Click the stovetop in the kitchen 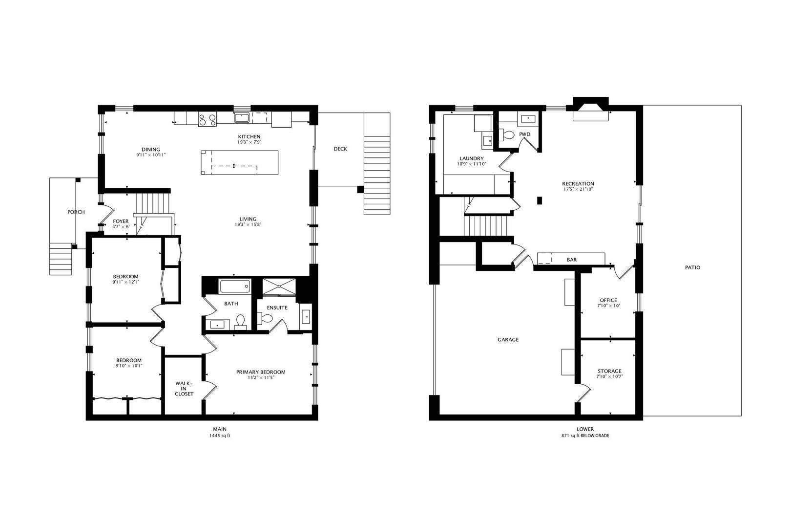click(x=208, y=119)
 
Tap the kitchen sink click(x=242, y=118)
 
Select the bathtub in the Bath click(x=235, y=286)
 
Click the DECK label click(x=340, y=149)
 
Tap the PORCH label click(x=76, y=212)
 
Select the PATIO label click(x=692, y=267)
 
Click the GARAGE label click(x=508, y=339)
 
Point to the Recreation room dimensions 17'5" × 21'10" click(x=578, y=189)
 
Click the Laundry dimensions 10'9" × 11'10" click(x=472, y=164)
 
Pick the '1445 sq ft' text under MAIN click(x=220, y=436)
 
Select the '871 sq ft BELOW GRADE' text click(x=585, y=436)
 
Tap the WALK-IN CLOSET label click(x=184, y=389)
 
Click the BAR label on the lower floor click(x=572, y=260)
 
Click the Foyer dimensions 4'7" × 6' click(x=121, y=227)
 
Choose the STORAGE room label click(x=609, y=371)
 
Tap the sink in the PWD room click(x=528, y=119)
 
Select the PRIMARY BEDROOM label click(x=261, y=372)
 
